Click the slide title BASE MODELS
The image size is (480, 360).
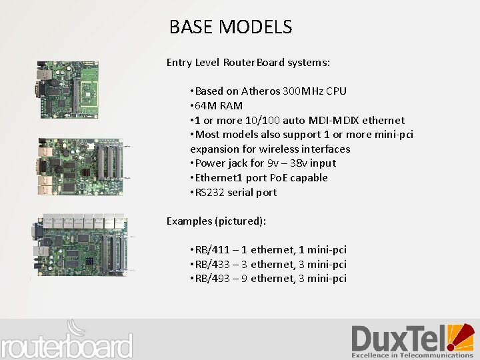230,27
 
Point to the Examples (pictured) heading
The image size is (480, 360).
216,221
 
